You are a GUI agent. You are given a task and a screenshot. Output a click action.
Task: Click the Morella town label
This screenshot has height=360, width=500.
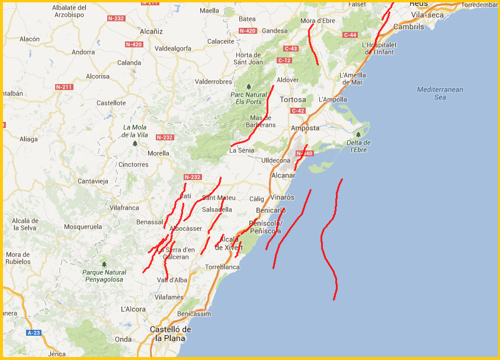[x=158, y=153]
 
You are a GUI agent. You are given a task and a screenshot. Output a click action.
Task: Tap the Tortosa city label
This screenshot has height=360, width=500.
[x=293, y=99]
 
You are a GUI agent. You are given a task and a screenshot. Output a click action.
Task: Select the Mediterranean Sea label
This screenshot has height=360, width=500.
[x=440, y=93]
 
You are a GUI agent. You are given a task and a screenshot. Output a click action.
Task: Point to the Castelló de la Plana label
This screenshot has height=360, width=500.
[x=170, y=334]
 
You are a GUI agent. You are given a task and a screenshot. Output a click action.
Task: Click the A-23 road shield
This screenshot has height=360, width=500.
[x=34, y=333]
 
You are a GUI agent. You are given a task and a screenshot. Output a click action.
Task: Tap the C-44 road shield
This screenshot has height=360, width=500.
[x=350, y=35]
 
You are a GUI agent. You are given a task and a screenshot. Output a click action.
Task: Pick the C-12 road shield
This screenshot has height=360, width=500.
[x=284, y=60]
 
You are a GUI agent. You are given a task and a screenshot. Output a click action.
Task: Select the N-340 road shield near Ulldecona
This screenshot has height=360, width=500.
[x=303, y=154]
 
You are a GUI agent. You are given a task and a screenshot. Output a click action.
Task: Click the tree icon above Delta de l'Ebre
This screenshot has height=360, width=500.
[x=358, y=134]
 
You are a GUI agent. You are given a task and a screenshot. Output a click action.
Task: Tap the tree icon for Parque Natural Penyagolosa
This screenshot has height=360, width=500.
[x=104, y=264]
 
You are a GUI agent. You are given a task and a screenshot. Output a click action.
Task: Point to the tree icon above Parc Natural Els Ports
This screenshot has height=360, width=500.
[x=249, y=86]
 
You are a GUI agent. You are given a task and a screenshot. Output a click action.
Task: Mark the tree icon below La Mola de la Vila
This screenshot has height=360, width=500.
[x=135, y=143]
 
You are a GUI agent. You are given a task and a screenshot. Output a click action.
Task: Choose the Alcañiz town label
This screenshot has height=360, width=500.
[x=151, y=31]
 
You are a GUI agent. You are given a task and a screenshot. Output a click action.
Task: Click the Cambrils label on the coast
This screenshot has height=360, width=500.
[x=409, y=27]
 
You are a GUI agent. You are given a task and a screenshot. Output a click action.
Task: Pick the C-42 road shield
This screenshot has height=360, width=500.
[x=298, y=111]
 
